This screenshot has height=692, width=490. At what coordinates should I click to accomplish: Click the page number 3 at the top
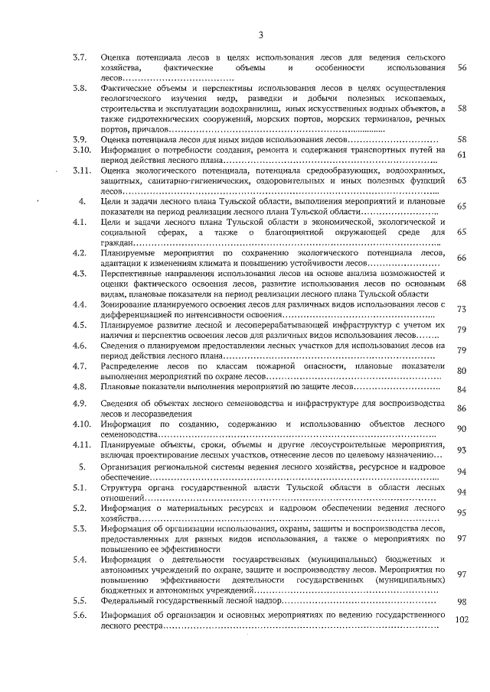pos(260,34)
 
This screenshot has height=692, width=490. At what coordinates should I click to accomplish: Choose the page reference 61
pos(462,155)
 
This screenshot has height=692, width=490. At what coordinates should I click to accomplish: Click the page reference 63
pos(462,181)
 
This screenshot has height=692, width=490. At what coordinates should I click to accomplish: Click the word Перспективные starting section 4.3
pos(133,273)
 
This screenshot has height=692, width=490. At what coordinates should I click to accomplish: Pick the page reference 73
pos(462,309)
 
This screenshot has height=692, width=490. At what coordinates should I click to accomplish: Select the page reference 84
pos(462,389)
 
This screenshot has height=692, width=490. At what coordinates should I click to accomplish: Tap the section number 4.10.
pos(82,424)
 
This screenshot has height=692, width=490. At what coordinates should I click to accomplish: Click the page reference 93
pos(462,450)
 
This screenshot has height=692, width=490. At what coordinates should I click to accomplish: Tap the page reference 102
pos(461,620)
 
